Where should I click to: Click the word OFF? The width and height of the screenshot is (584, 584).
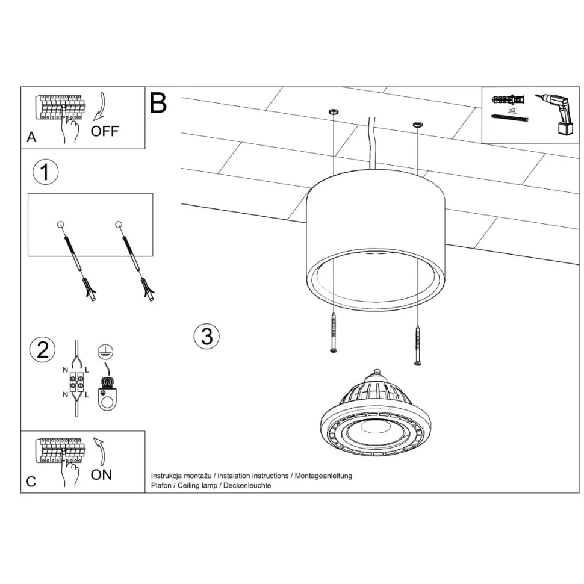105,131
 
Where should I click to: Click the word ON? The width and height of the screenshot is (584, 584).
101,475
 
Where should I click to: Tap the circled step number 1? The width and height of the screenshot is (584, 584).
45,172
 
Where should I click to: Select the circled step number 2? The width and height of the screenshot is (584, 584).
43,350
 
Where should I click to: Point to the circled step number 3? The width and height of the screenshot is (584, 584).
207,336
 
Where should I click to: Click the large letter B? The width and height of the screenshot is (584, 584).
158,102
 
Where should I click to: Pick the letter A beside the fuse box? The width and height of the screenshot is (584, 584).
31,137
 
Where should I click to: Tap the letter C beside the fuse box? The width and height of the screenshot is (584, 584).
31,482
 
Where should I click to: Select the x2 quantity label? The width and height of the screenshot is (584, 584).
512,110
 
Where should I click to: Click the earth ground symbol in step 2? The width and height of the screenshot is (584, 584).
105,352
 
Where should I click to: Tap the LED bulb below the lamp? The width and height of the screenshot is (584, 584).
376,414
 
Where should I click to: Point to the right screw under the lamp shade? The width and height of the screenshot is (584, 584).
418,345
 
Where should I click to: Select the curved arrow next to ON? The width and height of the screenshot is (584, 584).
99,452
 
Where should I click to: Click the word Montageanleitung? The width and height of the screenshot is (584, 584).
323,476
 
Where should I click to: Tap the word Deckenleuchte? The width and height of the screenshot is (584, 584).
247,485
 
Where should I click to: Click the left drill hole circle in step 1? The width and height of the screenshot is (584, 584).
60,225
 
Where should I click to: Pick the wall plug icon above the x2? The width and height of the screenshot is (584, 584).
508,100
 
